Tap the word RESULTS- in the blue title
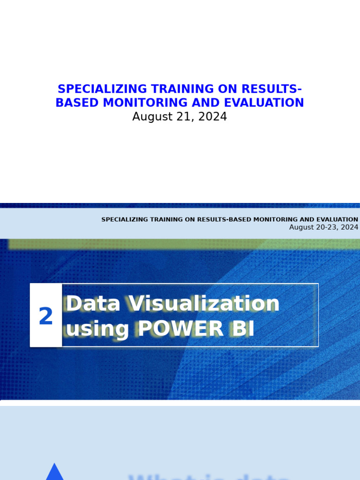(272, 89)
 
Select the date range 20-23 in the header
(328, 227)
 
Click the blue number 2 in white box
(46, 317)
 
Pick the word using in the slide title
(97, 329)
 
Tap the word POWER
(180, 329)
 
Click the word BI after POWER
(242, 329)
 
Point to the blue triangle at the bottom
(54, 473)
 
